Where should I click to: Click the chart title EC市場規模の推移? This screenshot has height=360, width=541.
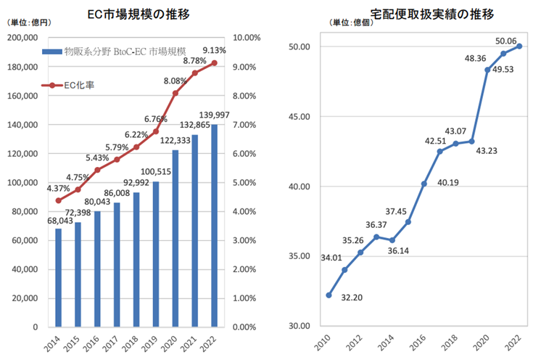click(140, 13)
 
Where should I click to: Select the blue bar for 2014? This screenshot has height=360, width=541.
click(59, 278)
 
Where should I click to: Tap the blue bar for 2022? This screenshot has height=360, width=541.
click(214, 226)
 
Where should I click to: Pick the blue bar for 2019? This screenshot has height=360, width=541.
click(156, 254)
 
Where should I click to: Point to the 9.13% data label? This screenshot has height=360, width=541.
click(215, 50)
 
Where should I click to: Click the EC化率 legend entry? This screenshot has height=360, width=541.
click(80, 85)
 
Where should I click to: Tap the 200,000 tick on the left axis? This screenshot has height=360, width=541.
click(22, 38)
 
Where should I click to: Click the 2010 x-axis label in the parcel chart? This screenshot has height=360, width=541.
click(326, 343)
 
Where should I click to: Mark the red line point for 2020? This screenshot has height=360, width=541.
click(175, 94)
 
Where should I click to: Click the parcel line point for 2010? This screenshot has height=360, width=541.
click(329, 295)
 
